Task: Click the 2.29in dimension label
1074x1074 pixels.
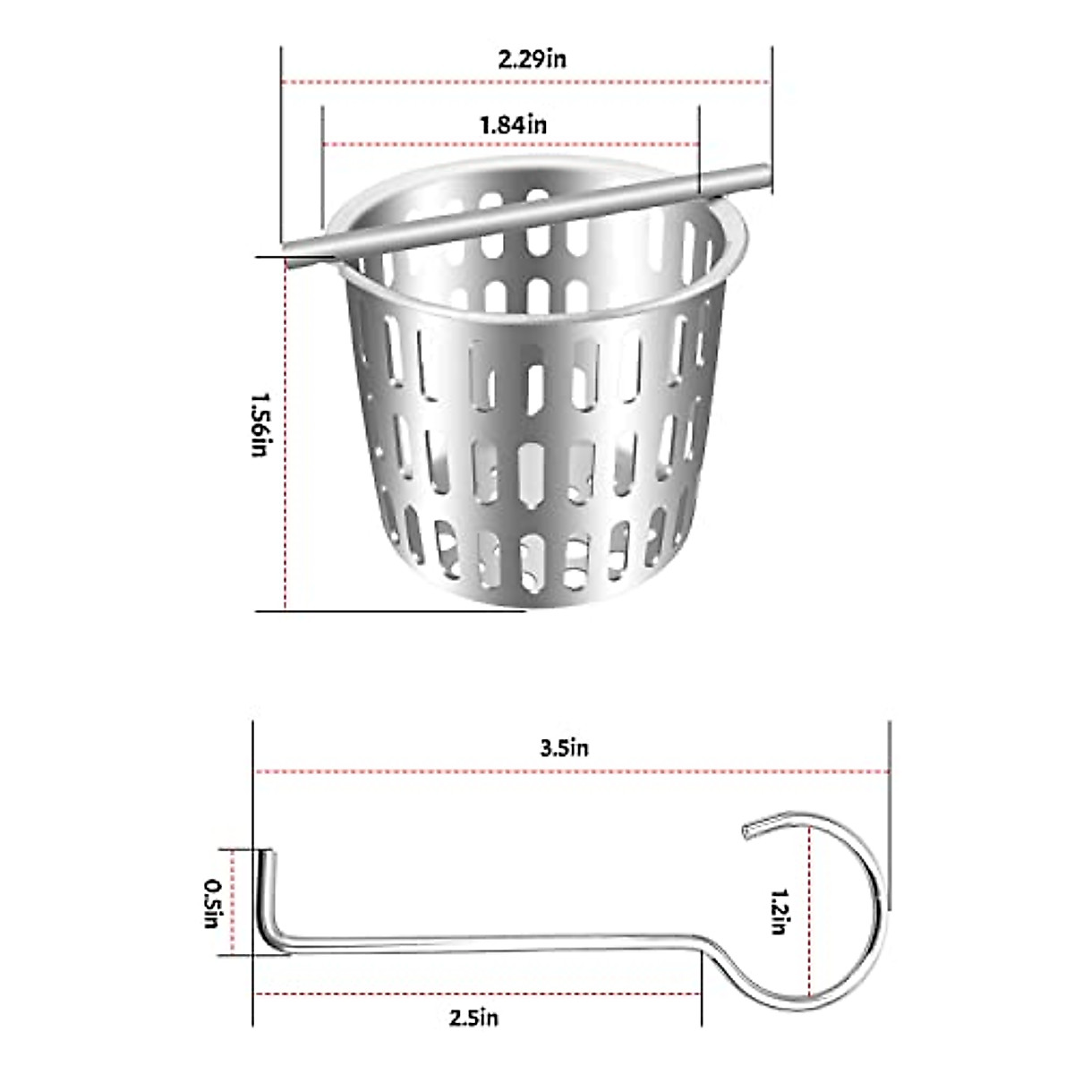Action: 532,60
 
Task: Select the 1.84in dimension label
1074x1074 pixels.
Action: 513,124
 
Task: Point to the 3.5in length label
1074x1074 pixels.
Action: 564,748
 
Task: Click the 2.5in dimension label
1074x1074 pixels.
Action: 473,1018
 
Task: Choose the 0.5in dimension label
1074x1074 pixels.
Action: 212,902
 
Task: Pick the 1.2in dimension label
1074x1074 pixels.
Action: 779,911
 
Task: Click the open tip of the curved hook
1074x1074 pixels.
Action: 747,832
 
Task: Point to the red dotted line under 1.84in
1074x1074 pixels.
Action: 510,144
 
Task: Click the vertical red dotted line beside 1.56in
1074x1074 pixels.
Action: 286,430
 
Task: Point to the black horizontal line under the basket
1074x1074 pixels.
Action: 390,611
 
